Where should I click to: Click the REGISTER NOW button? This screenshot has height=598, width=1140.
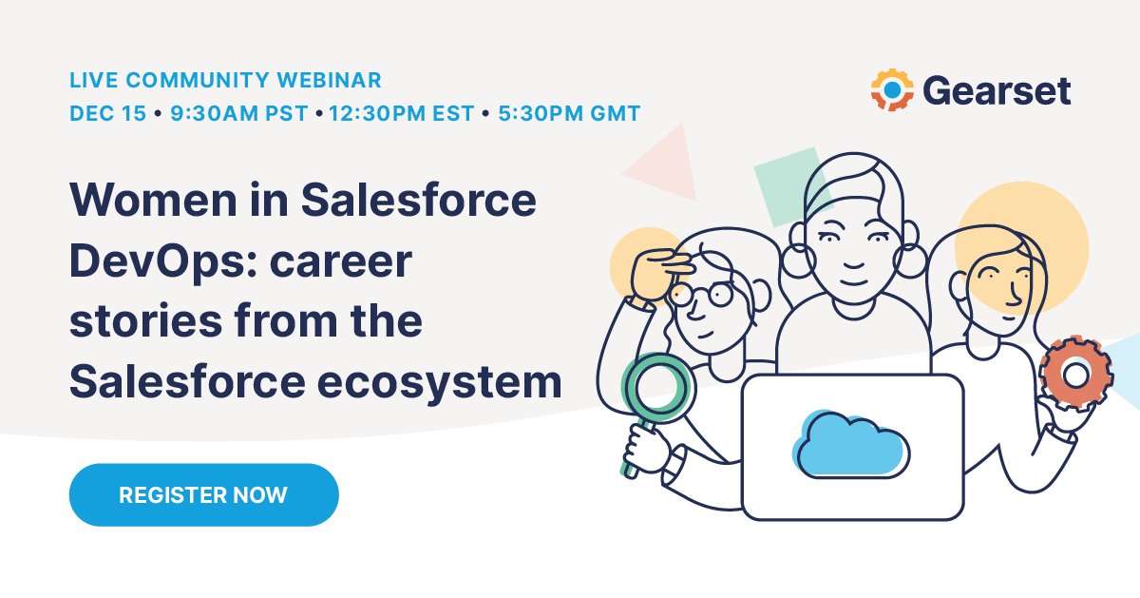click(203, 494)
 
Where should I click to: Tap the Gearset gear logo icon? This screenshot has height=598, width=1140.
click(892, 90)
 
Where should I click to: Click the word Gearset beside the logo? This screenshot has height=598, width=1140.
click(996, 91)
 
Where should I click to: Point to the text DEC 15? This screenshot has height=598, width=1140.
click(107, 114)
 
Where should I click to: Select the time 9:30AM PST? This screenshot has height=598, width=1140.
click(239, 114)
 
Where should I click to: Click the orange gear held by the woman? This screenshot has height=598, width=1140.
click(1075, 373)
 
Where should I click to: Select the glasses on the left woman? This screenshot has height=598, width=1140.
click(699, 292)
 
